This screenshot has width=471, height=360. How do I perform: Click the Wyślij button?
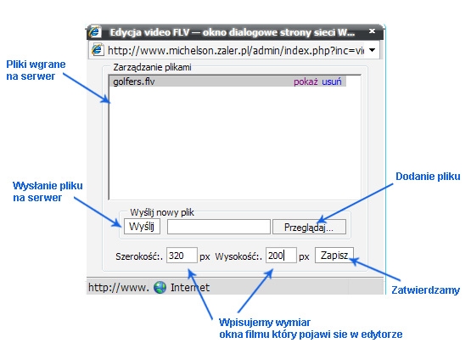click(x=142, y=227)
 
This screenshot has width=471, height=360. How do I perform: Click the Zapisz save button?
click(x=334, y=255)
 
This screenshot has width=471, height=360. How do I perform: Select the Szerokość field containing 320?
click(x=182, y=255)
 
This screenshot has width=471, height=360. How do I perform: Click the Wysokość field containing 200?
click(x=281, y=255)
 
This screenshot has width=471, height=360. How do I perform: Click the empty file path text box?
click(x=219, y=227)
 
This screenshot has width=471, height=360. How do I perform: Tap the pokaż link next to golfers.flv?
click(x=306, y=82)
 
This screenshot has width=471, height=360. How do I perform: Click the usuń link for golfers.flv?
click(x=332, y=82)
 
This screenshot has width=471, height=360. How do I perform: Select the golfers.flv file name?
click(x=134, y=82)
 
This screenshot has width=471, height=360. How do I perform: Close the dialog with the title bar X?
click(x=372, y=31)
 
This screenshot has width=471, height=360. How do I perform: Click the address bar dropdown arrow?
click(x=372, y=50)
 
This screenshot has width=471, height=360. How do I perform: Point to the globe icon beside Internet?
click(x=160, y=288)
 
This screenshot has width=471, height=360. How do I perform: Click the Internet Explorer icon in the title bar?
click(x=95, y=31)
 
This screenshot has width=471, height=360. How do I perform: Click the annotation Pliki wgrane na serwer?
click(x=36, y=70)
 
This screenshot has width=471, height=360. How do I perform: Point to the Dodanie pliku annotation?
click(x=428, y=177)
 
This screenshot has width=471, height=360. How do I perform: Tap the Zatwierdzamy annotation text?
click(x=426, y=290)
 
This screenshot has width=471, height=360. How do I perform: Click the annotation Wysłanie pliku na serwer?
click(x=48, y=191)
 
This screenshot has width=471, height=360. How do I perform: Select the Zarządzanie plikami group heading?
click(x=152, y=67)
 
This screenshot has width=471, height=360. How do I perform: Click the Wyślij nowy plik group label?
click(x=162, y=212)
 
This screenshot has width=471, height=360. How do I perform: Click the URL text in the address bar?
click(x=236, y=50)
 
